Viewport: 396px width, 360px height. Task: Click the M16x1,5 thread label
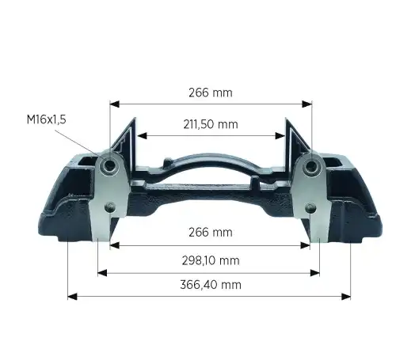tap(47, 119)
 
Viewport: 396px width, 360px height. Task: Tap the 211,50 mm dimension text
tap(211, 124)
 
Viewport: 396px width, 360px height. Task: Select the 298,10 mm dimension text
tap(211, 261)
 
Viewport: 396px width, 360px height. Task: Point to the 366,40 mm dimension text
tap(211, 285)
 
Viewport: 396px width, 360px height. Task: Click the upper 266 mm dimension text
tap(211, 93)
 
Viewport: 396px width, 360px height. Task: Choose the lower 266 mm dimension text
tap(211, 233)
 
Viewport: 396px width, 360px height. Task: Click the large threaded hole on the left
tap(109, 165)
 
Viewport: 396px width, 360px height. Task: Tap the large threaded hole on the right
tap(311, 166)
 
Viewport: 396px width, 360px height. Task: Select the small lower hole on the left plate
tap(110, 207)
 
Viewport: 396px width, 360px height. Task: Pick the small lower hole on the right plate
tap(310, 208)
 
